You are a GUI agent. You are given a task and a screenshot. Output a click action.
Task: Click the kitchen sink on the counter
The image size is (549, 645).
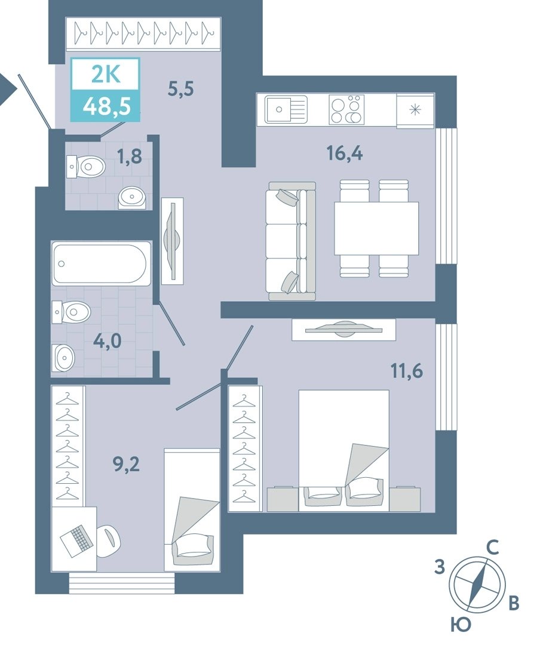pyautogui.click(x=286, y=109)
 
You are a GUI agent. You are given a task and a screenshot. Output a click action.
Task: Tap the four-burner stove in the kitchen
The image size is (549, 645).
pyautogui.click(x=346, y=109)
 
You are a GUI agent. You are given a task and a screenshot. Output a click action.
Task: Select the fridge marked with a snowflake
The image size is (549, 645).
pyautogui.click(x=415, y=110)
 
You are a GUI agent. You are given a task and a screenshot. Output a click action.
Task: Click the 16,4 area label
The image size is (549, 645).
pyautogui.click(x=345, y=153)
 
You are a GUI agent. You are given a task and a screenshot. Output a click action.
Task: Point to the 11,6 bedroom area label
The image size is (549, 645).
pyautogui.click(x=407, y=371)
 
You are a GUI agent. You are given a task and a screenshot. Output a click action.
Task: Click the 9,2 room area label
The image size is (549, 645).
pyautogui.click(x=126, y=465)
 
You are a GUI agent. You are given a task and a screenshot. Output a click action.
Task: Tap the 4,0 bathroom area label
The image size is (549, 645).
pyautogui.click(x=107, y=341)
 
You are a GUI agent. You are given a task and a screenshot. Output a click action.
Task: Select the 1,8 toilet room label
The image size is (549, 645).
pyautogui.click(x=130, y=156)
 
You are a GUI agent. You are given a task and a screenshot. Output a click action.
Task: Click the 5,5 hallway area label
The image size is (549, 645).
pyautogui.click(x=180, y=89)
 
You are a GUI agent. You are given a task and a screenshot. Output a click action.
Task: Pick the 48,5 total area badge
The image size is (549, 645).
pyautogui.click(x=106, y=106)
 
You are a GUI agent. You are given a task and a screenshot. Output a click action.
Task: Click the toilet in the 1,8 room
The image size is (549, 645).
pyautogui.click(x=86, y=167)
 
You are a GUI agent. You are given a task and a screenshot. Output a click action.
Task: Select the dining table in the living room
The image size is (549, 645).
pyautogui.click(x=376, y=228)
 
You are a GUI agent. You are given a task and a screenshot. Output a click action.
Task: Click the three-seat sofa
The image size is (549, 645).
pyautogui.click(x=292, y=241)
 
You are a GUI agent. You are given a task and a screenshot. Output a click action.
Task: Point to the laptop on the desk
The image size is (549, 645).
pyautogui.click(x=75, y=540)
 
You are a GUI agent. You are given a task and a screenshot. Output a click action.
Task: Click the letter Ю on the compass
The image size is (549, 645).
pyautogui.click(x=460, y=625)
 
